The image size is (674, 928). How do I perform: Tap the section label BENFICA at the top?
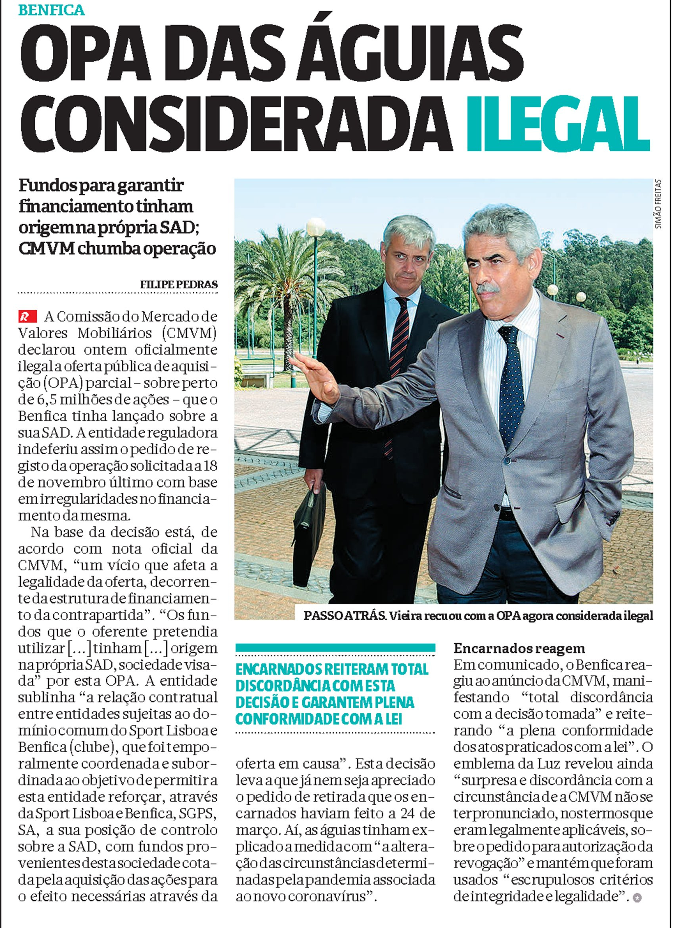pyautogui.click(x=52, y=10)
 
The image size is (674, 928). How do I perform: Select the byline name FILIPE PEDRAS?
pyautogui.click(x=179, y=284)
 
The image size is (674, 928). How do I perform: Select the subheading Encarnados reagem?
pyautogui.click(x=519, y=648)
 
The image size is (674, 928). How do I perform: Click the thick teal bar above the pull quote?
pyautogui.click(x=335, y=648)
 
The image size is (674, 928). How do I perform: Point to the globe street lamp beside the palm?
pyautogui.click(x=315, y=227)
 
